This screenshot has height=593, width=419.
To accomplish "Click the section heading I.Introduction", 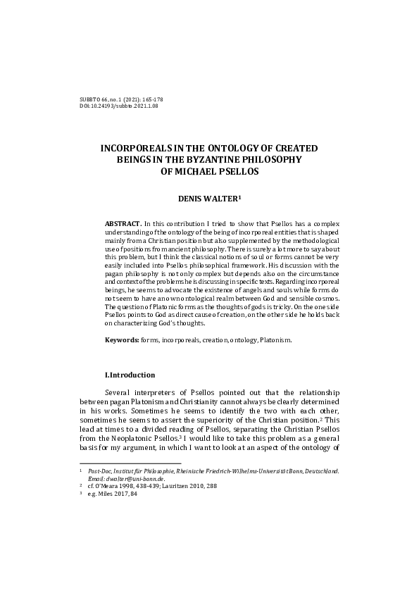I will click(130, 375).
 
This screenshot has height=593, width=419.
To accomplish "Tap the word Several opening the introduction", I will click(118, 392).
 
